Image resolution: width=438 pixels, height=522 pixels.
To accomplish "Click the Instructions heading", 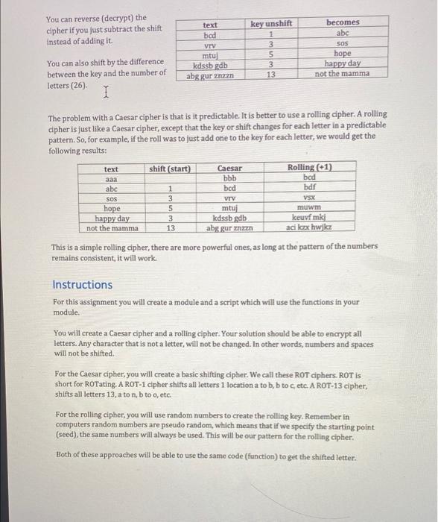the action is [83, 285].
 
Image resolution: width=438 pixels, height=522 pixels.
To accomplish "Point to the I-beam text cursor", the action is [107, 92].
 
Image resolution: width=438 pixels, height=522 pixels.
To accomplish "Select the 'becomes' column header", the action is [343, 23].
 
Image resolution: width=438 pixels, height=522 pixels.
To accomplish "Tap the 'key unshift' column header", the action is [271, 23].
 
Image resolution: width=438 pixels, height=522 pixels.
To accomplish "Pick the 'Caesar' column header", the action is [229, 169].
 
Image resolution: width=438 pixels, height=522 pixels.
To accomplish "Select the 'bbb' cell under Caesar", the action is [229, 180].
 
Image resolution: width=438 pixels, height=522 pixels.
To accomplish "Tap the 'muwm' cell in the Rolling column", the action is [310, 208].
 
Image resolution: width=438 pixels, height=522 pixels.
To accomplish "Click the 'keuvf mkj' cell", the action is [310, 218].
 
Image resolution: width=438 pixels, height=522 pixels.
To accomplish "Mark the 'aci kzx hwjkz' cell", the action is [310, 227].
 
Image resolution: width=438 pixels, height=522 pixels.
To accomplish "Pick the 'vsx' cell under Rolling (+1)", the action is [310, 198].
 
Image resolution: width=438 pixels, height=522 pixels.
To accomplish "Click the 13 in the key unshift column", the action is [271, 75].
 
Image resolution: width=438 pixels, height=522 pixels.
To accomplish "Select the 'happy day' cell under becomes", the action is [343, 64].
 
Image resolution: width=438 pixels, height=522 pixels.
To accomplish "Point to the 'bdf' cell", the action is [310, 188].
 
